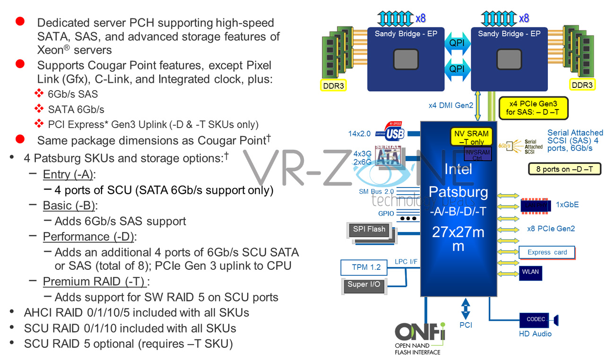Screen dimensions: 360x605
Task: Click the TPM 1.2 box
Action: coord(366,267)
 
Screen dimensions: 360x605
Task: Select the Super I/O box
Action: coord(364,285)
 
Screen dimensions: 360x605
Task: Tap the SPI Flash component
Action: coord(369,230)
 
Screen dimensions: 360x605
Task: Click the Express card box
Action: coord(547,252)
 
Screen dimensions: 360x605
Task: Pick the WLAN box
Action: coord(530,272)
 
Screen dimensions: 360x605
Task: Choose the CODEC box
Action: coord(536,319)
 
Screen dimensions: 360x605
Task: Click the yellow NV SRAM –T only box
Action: coord(471,137)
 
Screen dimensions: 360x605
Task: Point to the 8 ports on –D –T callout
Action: coord(564,169)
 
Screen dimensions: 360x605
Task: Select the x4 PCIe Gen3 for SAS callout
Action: coord(533,108)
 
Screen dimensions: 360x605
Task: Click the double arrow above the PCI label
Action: coord(466,309)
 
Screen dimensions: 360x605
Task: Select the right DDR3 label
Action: coord(582,85)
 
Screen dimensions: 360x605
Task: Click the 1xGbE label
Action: coord(567,205)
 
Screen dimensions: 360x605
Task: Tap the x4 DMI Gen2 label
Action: coord(451,105)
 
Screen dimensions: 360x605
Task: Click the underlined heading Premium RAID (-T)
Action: coord(94,282)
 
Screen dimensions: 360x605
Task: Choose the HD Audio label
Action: coord(535,334)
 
